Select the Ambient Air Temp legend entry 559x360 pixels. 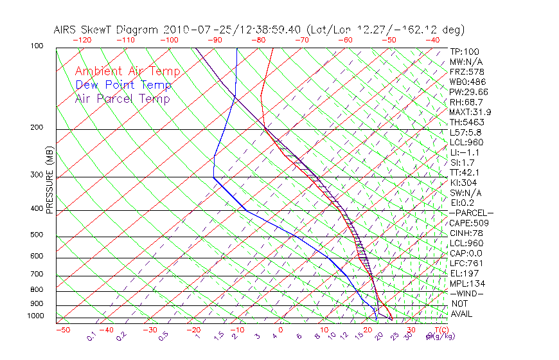tap(127, 71)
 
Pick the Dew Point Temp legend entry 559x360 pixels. tap(123, 85)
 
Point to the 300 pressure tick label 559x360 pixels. tap(37, 175)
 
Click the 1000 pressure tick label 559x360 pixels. tap(35, 316)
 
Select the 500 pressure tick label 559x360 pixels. tap(37, 235)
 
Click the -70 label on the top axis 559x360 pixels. tap(301, 40)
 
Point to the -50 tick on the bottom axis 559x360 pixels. tap(62, 330)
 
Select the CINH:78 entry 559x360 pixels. tap(466, 233)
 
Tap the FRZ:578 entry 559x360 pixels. tap(467, 71)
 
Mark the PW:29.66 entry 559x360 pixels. tap(469, 91)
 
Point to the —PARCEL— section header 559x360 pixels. tap(471, 213)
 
